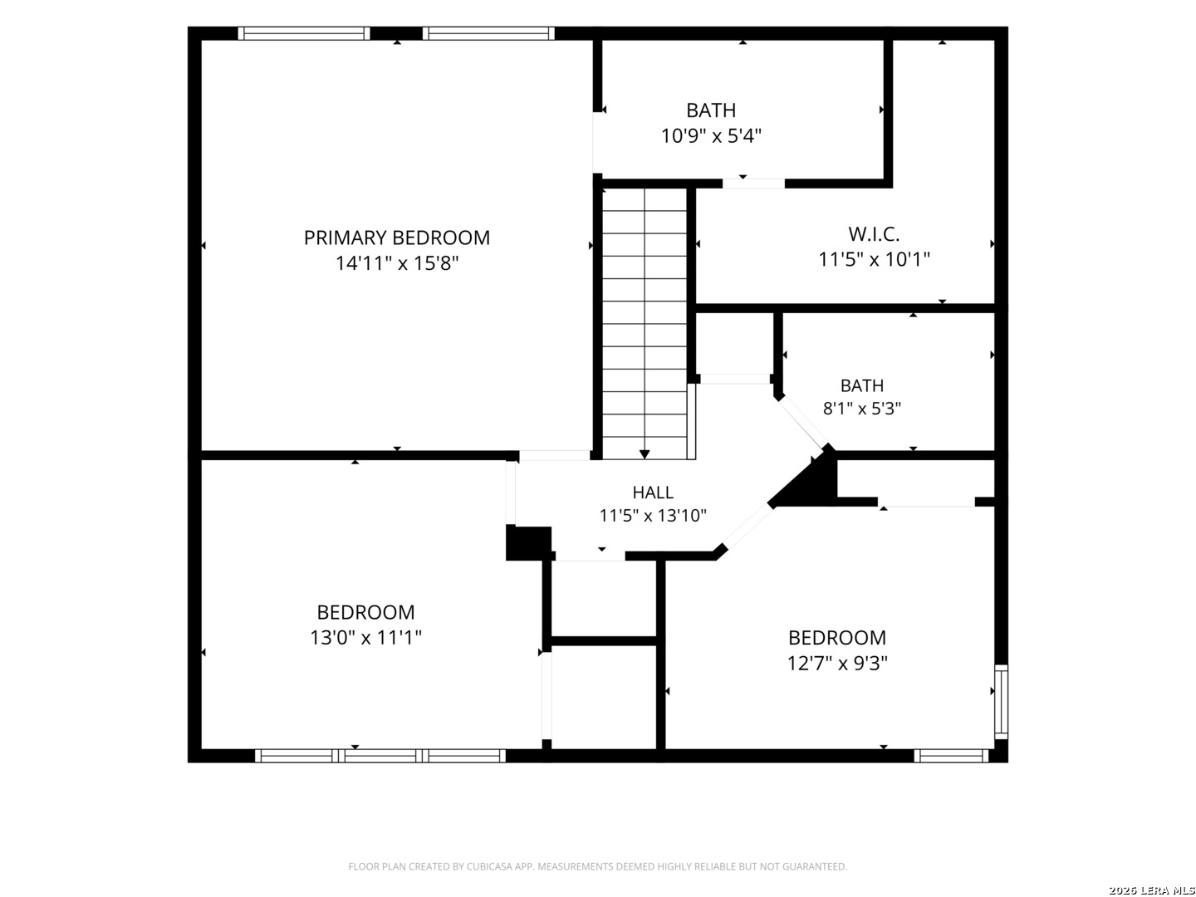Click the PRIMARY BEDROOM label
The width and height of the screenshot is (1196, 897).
point(396,238)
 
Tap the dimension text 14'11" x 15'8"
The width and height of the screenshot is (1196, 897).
point(396,263)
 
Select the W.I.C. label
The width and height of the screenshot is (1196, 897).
point(874,234)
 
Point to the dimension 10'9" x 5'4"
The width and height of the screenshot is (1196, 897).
point(710,135)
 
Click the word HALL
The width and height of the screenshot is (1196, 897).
point(652,493)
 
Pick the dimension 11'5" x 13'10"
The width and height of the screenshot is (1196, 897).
point(652,515)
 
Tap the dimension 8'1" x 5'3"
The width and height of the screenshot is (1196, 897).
point(861,409)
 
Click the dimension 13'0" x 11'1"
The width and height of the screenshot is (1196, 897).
point(365,637)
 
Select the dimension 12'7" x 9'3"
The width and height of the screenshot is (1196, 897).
point(837,664)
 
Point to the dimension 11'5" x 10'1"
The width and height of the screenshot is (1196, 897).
point(874,259)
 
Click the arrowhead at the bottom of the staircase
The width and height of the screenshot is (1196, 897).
point(644,454)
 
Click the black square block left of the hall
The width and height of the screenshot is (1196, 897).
point(528,543)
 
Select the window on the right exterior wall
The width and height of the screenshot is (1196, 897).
point(1001,702)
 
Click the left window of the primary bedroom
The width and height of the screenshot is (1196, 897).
point(303,33)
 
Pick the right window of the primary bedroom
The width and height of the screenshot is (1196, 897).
point(488,33)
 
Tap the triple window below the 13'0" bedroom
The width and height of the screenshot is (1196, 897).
point(380,756)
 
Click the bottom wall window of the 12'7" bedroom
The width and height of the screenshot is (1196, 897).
point(951,756)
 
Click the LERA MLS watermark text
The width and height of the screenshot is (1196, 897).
point(1151,890)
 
